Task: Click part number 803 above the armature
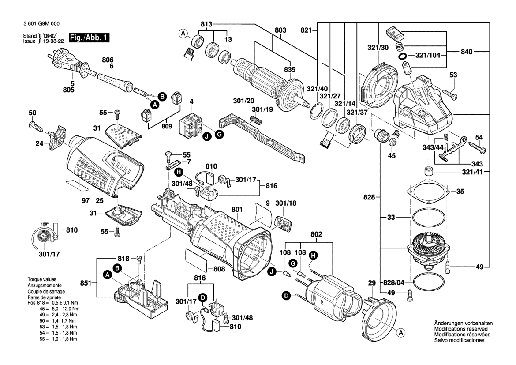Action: coord(280,30)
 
